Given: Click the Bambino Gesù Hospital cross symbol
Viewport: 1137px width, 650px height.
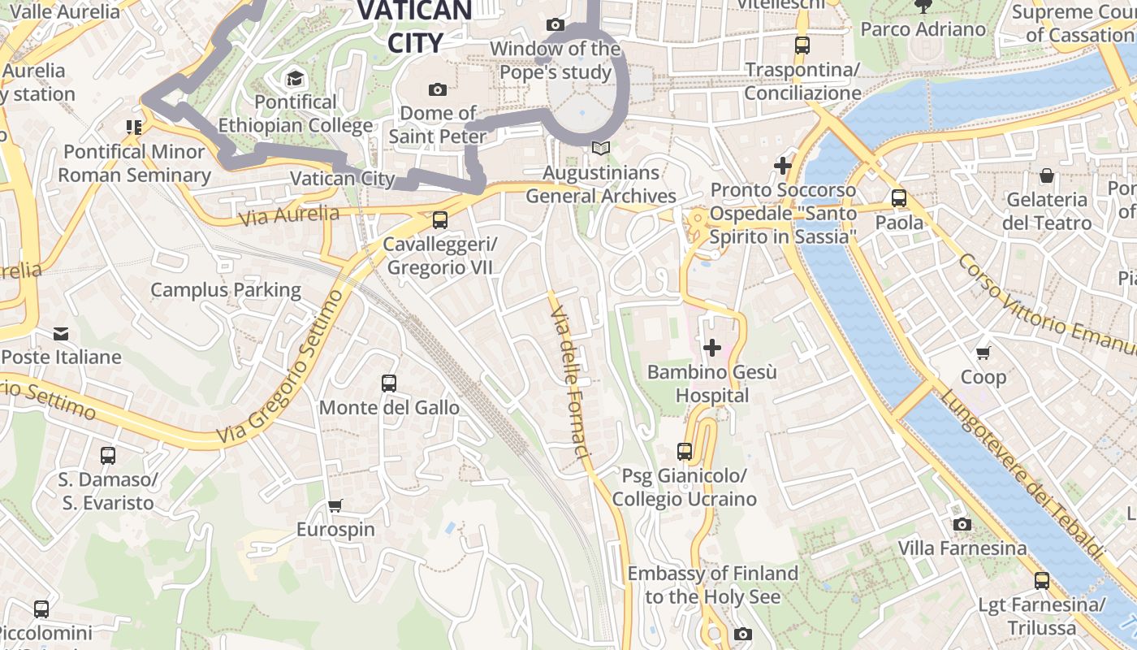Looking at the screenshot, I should [x=712, y=349].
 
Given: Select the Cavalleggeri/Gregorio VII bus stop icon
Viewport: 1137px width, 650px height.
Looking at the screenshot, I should [x=439, y=219].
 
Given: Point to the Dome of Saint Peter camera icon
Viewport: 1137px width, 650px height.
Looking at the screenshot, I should [x=438, y=89].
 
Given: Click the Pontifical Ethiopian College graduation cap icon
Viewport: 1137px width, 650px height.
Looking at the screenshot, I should [x=295, y=79].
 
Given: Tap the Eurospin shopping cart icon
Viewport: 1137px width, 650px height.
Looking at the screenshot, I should [x=335, y=505].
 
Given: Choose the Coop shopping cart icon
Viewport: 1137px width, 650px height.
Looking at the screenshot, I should [x=984, y=353].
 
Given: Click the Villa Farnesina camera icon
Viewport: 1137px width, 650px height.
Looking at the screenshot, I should [x=962, y=524].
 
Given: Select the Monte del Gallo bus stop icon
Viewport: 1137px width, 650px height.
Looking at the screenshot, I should [x=389, y=383].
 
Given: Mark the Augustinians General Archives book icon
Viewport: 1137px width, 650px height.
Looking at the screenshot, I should [x=600, y=148].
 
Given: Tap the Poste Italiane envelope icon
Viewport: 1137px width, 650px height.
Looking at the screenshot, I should [x=61, y=333].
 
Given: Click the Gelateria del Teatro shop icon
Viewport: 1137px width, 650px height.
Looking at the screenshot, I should [x=1047, y=175].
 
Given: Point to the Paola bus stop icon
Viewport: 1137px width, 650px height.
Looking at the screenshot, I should [x=899, y=197].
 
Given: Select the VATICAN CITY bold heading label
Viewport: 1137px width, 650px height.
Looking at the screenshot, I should [x=415, y=26].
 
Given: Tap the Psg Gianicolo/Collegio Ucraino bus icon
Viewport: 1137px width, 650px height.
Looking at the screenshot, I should [x=685, y=451].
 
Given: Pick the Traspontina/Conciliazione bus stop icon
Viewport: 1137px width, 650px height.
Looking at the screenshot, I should [x=802, y=45].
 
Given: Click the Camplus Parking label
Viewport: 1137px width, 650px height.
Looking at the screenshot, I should [x=226, y=290].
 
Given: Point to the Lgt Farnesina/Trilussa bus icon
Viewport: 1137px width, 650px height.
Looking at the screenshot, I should [x=1042, y=580].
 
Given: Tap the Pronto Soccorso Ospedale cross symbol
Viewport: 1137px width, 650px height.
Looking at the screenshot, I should [x=783, y=166].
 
